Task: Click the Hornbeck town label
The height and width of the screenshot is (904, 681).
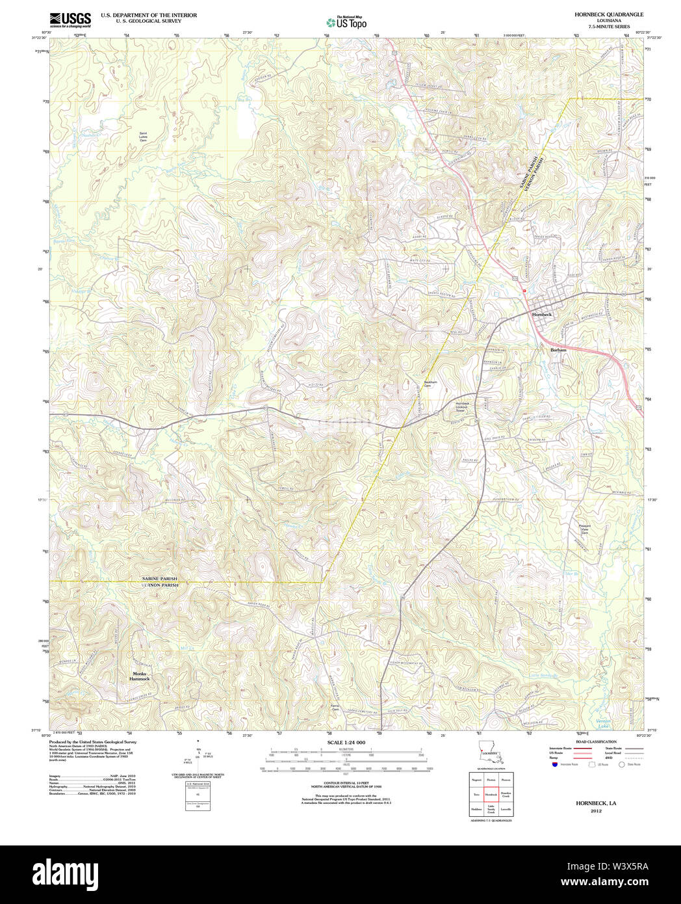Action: pyautogui.click(x=541, y=314)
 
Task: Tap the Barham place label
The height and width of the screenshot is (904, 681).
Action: pyautogui.click(x=558, y=350)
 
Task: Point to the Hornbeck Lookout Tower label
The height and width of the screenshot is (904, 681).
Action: pyautogui.click(x=461, y=407)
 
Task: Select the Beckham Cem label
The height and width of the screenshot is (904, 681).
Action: pyautogui.click(x=427, y=384)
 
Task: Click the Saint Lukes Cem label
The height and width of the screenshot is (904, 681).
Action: pyautogui.click(x=143, y=137)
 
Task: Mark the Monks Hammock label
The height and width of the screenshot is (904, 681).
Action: pyautogui.click(x=140, y=676)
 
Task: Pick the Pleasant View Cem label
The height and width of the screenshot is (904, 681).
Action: pyautogui.click(x=584, y=529)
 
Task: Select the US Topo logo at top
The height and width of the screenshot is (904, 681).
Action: pyautogui.click(x=346, y=22)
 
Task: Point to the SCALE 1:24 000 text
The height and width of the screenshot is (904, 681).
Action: pyautogui.click(x=346, y=743)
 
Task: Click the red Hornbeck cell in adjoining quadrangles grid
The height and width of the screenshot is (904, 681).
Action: pyautogui.click(x=491, y=794)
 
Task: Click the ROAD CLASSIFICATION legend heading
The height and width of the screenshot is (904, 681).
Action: pyautogui.click(x=591, y=741)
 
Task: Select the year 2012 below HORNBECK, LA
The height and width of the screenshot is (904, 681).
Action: pyautogui.click(x=596, y=811)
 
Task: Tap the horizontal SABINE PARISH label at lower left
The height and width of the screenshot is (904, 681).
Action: pyautogui.click(x=159, y=579)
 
